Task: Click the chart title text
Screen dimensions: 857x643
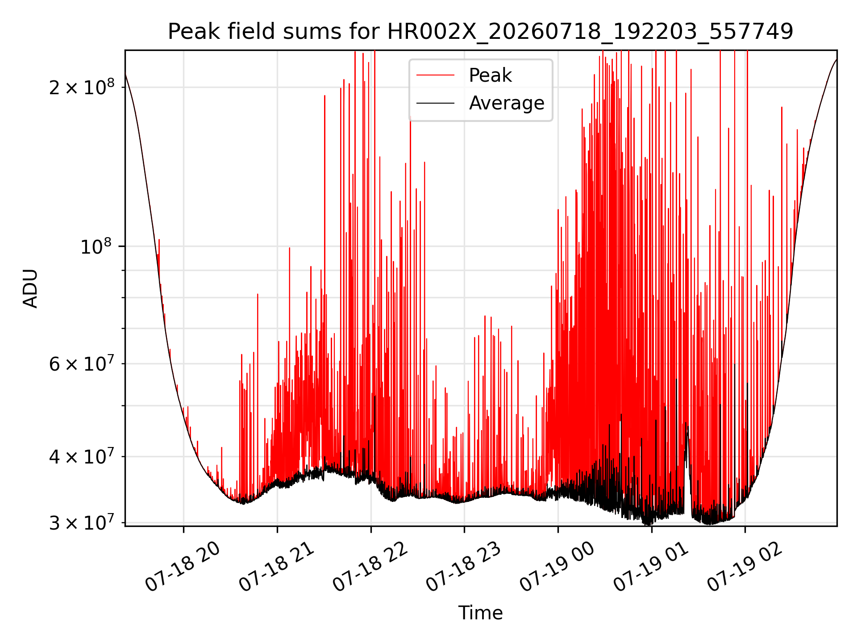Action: pos(480,32)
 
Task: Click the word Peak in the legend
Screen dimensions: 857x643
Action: pos(490,75)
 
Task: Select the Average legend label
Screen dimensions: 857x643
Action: pos(507,103)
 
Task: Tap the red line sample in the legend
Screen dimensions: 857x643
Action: pos(435,75)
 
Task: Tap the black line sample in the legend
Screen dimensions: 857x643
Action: pos(435,103)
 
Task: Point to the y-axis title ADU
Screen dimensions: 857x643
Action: pos(31,288)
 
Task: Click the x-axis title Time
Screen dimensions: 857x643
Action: pos(480,613)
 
